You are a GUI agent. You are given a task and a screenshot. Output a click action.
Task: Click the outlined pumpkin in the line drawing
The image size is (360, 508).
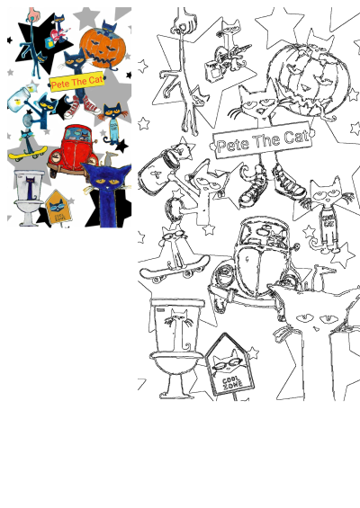(305, 77)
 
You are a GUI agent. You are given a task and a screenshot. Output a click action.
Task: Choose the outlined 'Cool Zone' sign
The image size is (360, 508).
(231, 369)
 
